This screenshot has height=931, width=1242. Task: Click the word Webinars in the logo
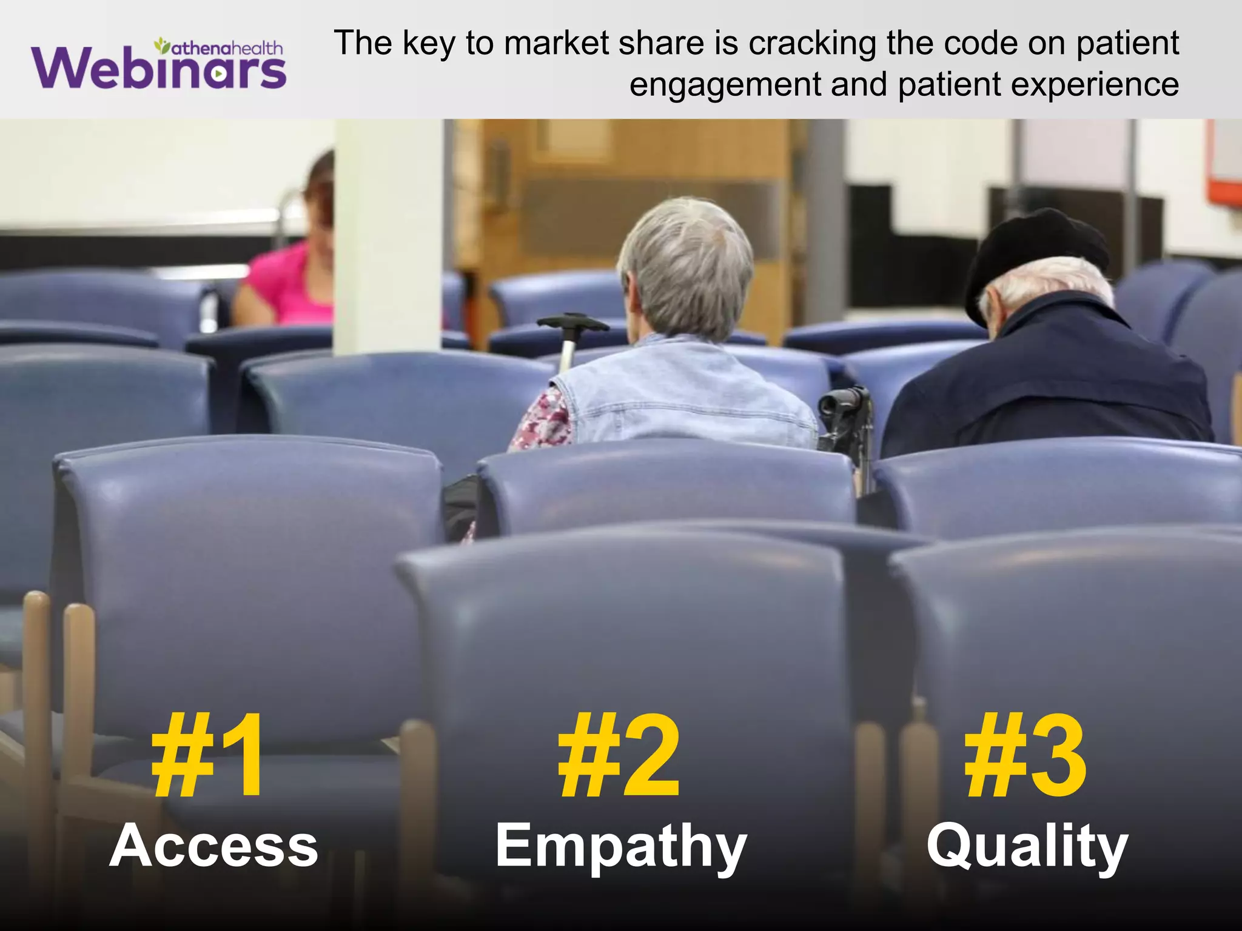(159, 68)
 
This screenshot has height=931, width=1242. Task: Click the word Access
(213, 846)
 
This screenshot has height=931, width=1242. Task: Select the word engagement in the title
(725, 85)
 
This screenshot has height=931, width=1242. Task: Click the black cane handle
(572, 322)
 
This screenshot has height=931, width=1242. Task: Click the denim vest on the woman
(685, 394)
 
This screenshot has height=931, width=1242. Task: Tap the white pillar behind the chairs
(388, 236)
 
